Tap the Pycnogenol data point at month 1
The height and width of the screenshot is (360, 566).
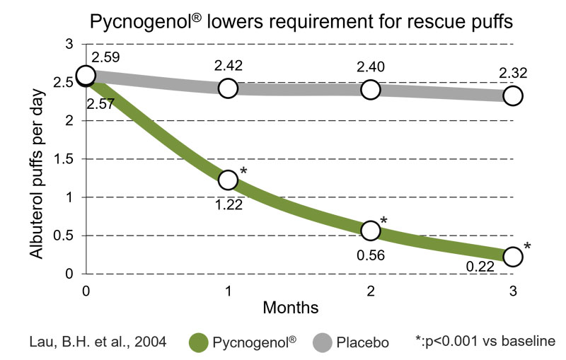click(228, 180)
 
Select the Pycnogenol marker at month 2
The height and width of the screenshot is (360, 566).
click(371, 230)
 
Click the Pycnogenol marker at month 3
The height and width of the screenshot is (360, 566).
click(513, 256)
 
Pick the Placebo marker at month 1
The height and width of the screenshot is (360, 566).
click(228, 88)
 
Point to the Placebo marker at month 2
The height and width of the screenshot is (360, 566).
click(371, 89)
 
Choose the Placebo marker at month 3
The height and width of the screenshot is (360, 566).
click(513, 95)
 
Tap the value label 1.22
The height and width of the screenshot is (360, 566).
click(229, 207)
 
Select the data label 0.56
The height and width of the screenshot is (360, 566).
click(371, 255)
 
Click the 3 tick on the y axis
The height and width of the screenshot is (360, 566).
click(70, 45)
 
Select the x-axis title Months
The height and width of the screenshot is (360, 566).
click(291, 308)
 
